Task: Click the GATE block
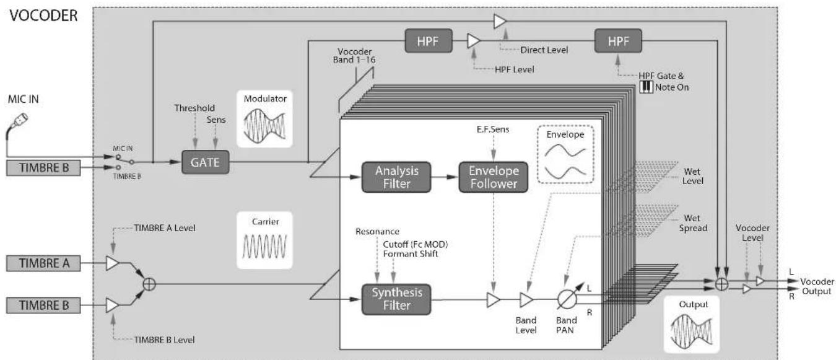(x=205, y=162)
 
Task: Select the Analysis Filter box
(x=396, y=177)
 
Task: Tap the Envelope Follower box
(x=494, y=177)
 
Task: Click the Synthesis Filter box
(x=396, y=299)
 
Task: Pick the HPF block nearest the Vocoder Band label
(x=429, y=41)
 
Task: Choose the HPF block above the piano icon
(x=618, y=41)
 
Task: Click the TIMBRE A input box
(x=43, y=263)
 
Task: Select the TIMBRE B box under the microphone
(x=43, y=168)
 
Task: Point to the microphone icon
(x=17, y=126)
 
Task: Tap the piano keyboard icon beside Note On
(x=646, y=87)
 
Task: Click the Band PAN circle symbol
(x=567, y=299)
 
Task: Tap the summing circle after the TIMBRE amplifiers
(x=149, y=284)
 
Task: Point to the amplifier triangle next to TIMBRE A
(x=112, y=263)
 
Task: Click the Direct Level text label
(x=544, y=50)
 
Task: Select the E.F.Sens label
(x=493, y=130)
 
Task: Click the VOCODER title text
(x=44, y=15)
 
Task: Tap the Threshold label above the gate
(x=194, y=108)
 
